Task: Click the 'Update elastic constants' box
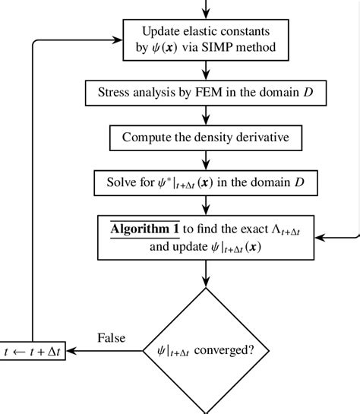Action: [x=206, y=40]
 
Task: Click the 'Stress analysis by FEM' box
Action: [x=206, y=93]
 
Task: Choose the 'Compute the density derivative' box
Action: [x=206, y=138]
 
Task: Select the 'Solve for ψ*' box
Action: [x=206, y=183]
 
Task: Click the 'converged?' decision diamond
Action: [x=206, y=351]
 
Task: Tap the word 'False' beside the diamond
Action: [x=112, y=338]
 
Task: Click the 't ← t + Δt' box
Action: [x=33, y=352]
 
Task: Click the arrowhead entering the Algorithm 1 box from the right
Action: [x=320, y=238]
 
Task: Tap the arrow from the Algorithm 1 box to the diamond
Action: [x=206, y=273]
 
